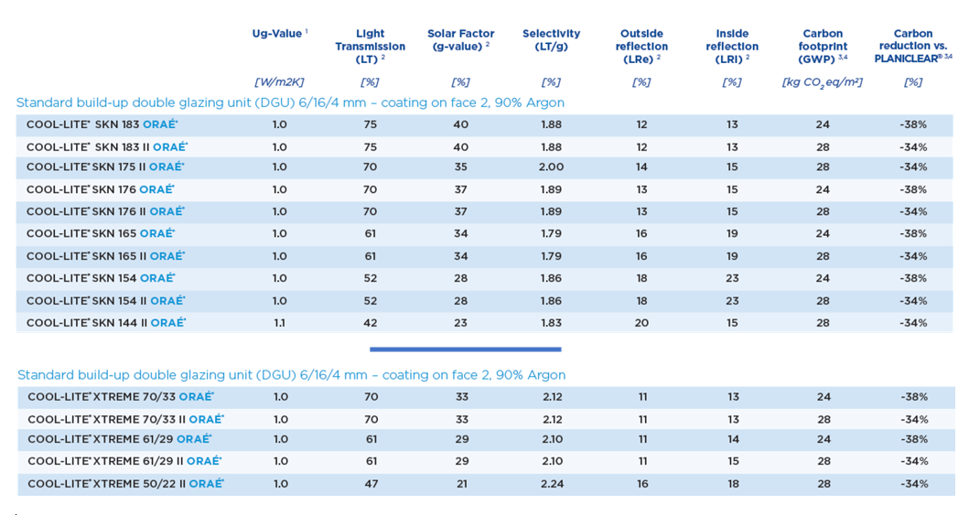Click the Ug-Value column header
[x=279, y=34]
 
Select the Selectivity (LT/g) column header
[x=551, y=40]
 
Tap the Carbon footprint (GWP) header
[x=823, y=47]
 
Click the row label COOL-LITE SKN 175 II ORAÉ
[x=105, y=166]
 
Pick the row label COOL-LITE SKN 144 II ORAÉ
[x=106, y=323]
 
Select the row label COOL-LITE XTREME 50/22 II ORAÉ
[x=125, y=484]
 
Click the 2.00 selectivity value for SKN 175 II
[x=551, y=166]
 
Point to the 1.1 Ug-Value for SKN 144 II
[x=279, y=323]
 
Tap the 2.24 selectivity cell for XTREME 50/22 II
[x=553, y=484]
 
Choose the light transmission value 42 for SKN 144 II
[x=370, y=323]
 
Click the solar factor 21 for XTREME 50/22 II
[x=462, y=484]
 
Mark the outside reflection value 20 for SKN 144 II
[x=641, y=323]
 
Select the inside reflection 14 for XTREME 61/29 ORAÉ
[x=733, y=439]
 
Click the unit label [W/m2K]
[x=279, y=82]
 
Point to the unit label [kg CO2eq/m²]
[x=823, y=82]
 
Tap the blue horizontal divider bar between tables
[x=466, y=349]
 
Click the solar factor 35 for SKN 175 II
[x=460, y=166]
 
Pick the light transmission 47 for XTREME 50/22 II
[x=372, y=484]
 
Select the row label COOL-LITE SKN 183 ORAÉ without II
[x=102, y=124]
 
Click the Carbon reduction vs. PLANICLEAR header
[x=913, y=47]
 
